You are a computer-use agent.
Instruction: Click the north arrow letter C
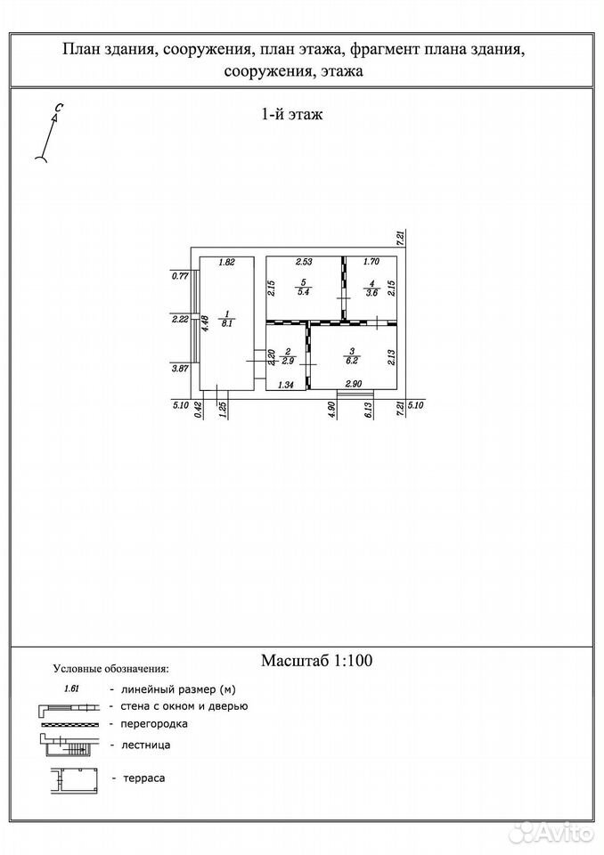(x=57, y=109)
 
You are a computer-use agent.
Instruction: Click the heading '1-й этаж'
(x=292, y=115)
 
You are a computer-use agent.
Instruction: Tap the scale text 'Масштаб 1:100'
(x=316, y=660)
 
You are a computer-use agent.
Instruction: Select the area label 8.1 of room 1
(x=226, y=322)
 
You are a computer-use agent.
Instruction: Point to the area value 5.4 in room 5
(x=305, y=292)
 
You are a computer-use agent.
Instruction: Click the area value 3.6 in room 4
(x=371, y=292)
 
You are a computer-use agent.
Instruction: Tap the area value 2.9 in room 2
(x=288, y=361)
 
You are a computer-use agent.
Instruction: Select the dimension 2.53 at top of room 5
(x=304, y=262)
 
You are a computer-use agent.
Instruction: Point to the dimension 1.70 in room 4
(x=371, y=262)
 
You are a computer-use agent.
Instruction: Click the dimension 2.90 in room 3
(x=354, y=384)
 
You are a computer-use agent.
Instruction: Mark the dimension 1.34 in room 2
(x=286, y=385)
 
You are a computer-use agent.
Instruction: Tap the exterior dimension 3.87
(x=180, y=369)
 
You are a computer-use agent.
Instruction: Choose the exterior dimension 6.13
(x=369, y=410)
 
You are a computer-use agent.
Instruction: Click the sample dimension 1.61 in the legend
(x=72, y=688)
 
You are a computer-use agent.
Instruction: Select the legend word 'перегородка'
(x=154, y=724)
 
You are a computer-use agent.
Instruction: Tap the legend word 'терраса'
(x=144, y=778)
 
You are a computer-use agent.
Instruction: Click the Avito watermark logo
(x=551, y=833)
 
